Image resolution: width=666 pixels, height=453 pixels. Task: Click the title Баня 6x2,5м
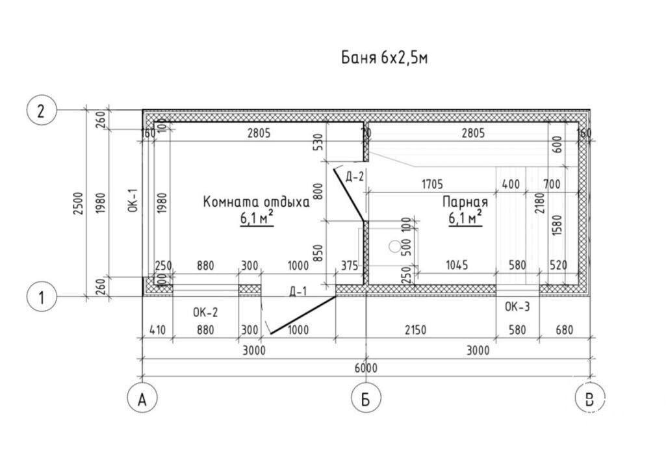(385, 58)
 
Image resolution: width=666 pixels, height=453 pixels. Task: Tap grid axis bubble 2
(42, 110)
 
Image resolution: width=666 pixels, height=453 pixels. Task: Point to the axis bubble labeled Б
(365, 398)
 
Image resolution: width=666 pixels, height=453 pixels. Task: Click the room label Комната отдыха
(257, 201)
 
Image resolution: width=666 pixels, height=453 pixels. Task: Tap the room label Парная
(465, 201)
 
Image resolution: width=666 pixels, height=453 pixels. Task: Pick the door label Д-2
(355, 176)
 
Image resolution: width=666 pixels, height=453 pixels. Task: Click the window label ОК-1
(133, 201)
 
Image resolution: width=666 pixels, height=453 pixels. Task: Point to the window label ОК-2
(205, 312)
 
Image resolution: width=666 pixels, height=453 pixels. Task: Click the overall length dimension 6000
(366, 369)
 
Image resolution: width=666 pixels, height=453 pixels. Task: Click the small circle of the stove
(395, 246)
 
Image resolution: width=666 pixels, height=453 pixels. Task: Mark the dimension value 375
(349, 265)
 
